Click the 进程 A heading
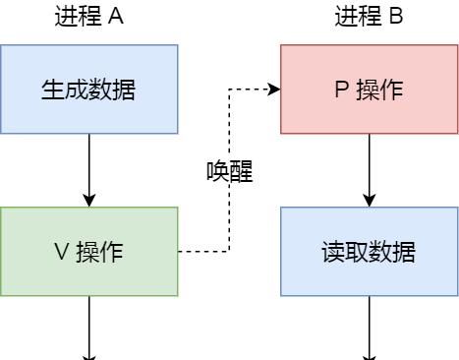click(88, 17)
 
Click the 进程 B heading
click(369, 17)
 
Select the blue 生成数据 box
click(88, 89)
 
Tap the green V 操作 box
click(88, 251)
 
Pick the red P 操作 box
click(369, 89)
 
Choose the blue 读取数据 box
click(369, 251)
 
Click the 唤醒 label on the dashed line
click(229, 172)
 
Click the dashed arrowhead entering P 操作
click(274, 90)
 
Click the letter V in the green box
click(61, 252)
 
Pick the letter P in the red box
click(341, 90)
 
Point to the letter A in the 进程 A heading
click(116, 17)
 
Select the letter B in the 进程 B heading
click(396, 17)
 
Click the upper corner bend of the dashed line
click(229, 90)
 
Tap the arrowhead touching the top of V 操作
click(89, 201)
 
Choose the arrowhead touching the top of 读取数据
click(370, 201)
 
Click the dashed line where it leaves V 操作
click(182, 252)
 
